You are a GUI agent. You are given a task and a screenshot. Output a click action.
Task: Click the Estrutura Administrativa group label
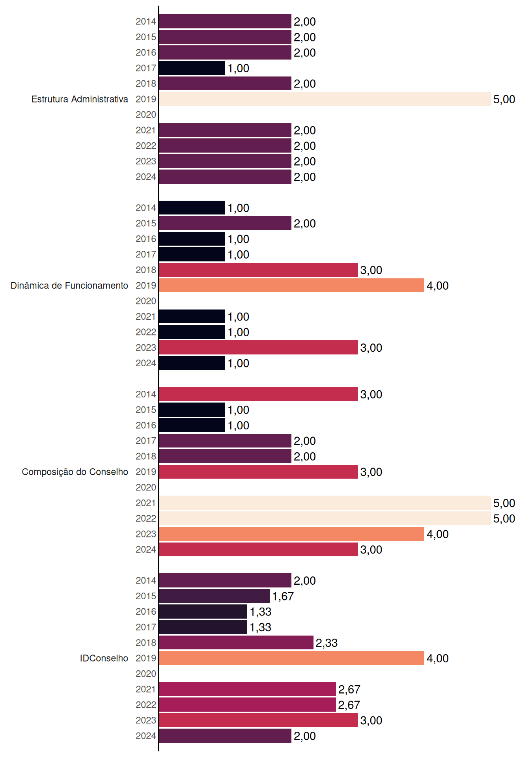pos(80,99)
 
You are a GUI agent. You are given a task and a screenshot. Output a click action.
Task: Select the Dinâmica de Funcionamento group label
pos(69,285)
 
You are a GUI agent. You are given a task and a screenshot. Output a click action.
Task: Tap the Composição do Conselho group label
pos(75,472)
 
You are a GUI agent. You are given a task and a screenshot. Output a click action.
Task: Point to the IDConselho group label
pos(104,658)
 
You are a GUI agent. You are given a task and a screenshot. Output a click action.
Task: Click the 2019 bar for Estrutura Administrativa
pos(325,99)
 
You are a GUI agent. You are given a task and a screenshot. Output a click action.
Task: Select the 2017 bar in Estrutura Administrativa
pos(192,68)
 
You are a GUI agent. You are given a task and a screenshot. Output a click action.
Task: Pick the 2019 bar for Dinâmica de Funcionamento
pos(292,285)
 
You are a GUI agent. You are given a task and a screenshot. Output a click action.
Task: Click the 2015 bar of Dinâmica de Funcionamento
pos(225,223)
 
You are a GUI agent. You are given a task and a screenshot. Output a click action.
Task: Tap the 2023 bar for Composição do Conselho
pos(292,534)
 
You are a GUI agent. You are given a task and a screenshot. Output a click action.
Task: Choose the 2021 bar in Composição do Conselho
pos(325,503)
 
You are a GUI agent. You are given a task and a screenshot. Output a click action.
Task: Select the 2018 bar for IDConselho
pos(236,643)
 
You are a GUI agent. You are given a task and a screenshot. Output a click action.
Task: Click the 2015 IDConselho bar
pos(215,596)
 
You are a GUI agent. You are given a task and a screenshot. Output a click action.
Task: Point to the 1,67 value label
pos(283,596)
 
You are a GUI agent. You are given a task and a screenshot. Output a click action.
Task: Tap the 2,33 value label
pos(327,643)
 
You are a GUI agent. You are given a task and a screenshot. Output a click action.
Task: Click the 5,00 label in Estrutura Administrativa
pos(504,99)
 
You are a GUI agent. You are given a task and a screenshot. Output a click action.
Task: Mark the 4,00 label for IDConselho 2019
pos(438,658)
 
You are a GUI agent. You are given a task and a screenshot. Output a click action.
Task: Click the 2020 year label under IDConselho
pos(146,674)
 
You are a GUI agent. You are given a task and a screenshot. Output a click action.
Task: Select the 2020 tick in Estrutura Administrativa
pos(146,115)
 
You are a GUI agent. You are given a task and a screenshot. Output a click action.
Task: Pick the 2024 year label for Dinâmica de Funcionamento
pos(146,363)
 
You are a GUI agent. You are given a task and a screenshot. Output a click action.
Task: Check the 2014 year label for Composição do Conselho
pos(146,394)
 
